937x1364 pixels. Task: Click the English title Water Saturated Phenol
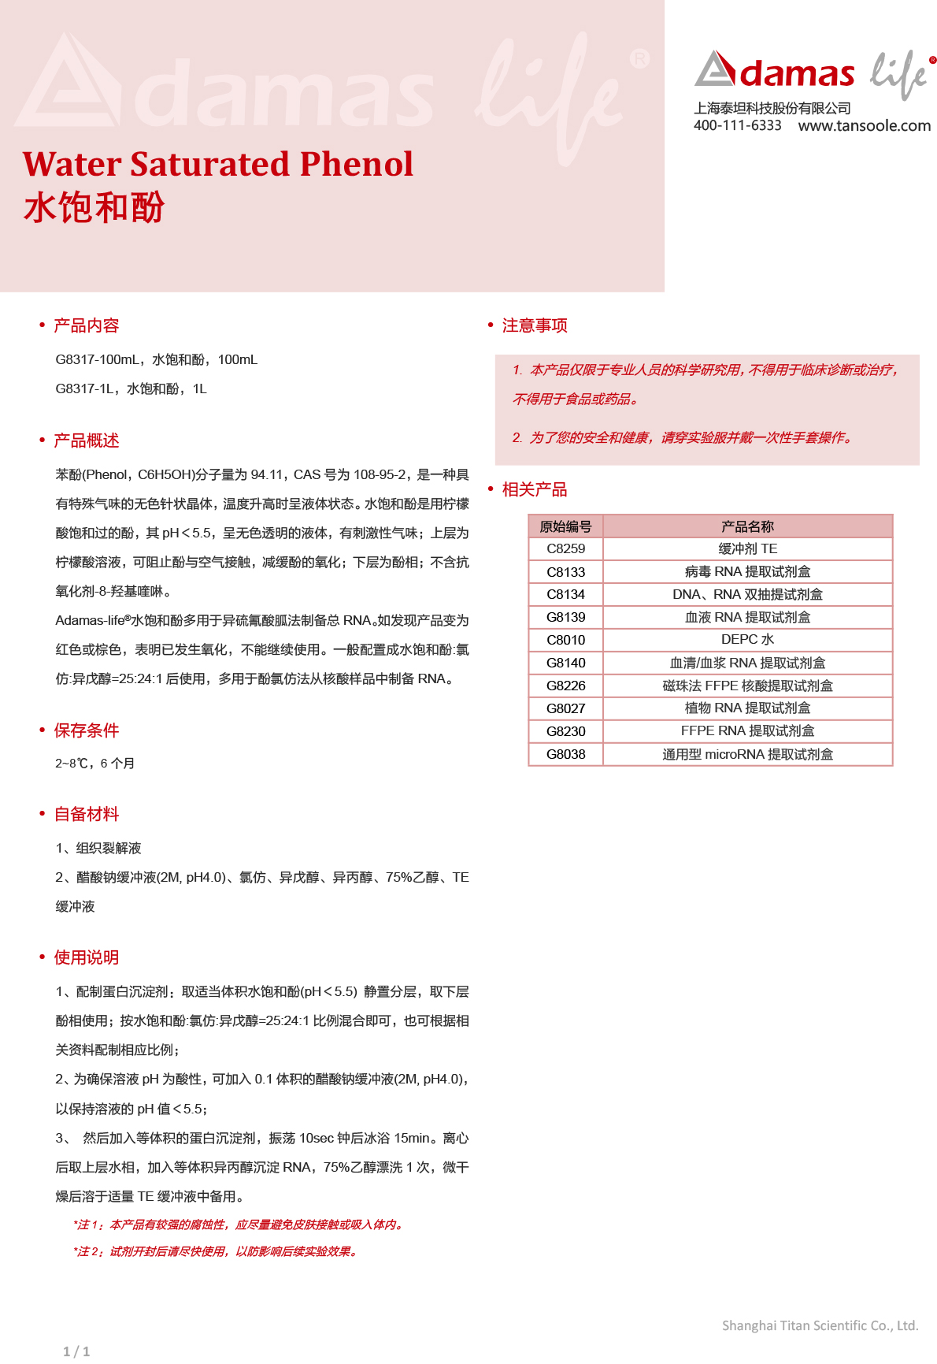pyautogui.click(x=218, y=164)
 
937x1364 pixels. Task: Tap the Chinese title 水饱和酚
pyautogui.click(x=94, y=208)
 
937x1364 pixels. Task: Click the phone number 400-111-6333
pyautogui.click(x=737, y=125)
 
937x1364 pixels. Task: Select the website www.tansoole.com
pyautogui.click(x=864, y=125)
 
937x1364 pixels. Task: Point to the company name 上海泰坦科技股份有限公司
pyautogui.click(x=772, y=108)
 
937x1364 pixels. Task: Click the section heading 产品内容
pyautogui.click(x=86, y=325)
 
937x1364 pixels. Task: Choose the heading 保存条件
pyautogui.click(x=86, y=730)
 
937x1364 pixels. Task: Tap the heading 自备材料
pyautogui.click(x=86, y=814)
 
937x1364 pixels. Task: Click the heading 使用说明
pyautogui.click(x=86, y=957)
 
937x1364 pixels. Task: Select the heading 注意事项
pyautogui.click(x=535, y=325)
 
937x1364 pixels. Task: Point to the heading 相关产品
pyautogui.click(x=535, y=489)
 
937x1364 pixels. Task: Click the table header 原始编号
pyautogui.click(x=565, y=526)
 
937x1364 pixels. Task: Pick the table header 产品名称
pyautogui.click(x=747, y=526)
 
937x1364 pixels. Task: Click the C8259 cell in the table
pyautogui.click(x=565, y=548)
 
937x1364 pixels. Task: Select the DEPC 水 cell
pyautogui.click(x=747, y=640)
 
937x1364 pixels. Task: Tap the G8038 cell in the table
pyautogui.click(x=565, y=754)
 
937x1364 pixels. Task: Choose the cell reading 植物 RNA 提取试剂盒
pyautogui.click(x=747, y=708)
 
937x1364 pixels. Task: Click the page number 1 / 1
pyautogui.click(x=76, y=1351)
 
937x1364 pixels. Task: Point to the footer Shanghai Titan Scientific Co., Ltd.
pyautogui.click(x=820, y=1325)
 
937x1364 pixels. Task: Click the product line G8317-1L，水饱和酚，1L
pyautogui.click(x=131, y=388)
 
